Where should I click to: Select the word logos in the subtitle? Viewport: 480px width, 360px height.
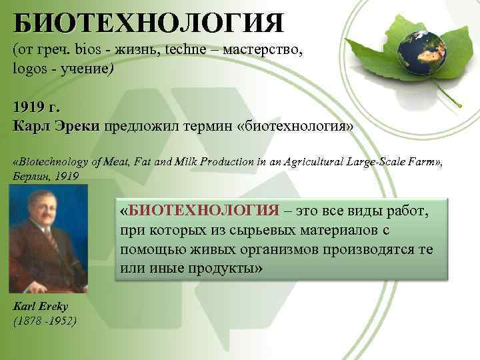click(28, 69)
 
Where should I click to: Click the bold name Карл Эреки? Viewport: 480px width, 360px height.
click(55, 126)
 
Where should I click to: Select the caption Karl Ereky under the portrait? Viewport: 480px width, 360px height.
click(41, 306)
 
